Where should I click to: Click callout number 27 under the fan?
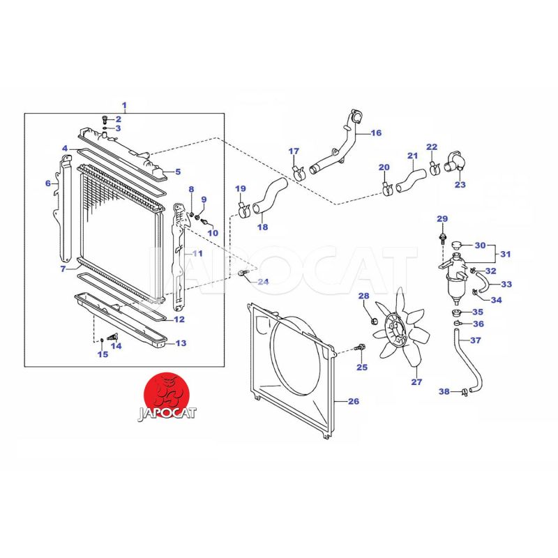tap(416, 382)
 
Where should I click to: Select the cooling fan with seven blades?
tap(399, 328)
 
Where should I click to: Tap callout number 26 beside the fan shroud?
tap(353, 401)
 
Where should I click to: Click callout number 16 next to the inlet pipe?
tap(377, 133)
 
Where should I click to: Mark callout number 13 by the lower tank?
tap(181, 343)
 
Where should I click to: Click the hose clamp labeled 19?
tap(245, 208)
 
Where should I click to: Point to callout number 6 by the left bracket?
tap(48, 183)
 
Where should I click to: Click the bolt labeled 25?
tap(359, 347)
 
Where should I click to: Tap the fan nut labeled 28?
tap(372, 320)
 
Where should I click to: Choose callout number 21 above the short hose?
tap(412, 156)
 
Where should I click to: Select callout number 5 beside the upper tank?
tap(177, 172)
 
